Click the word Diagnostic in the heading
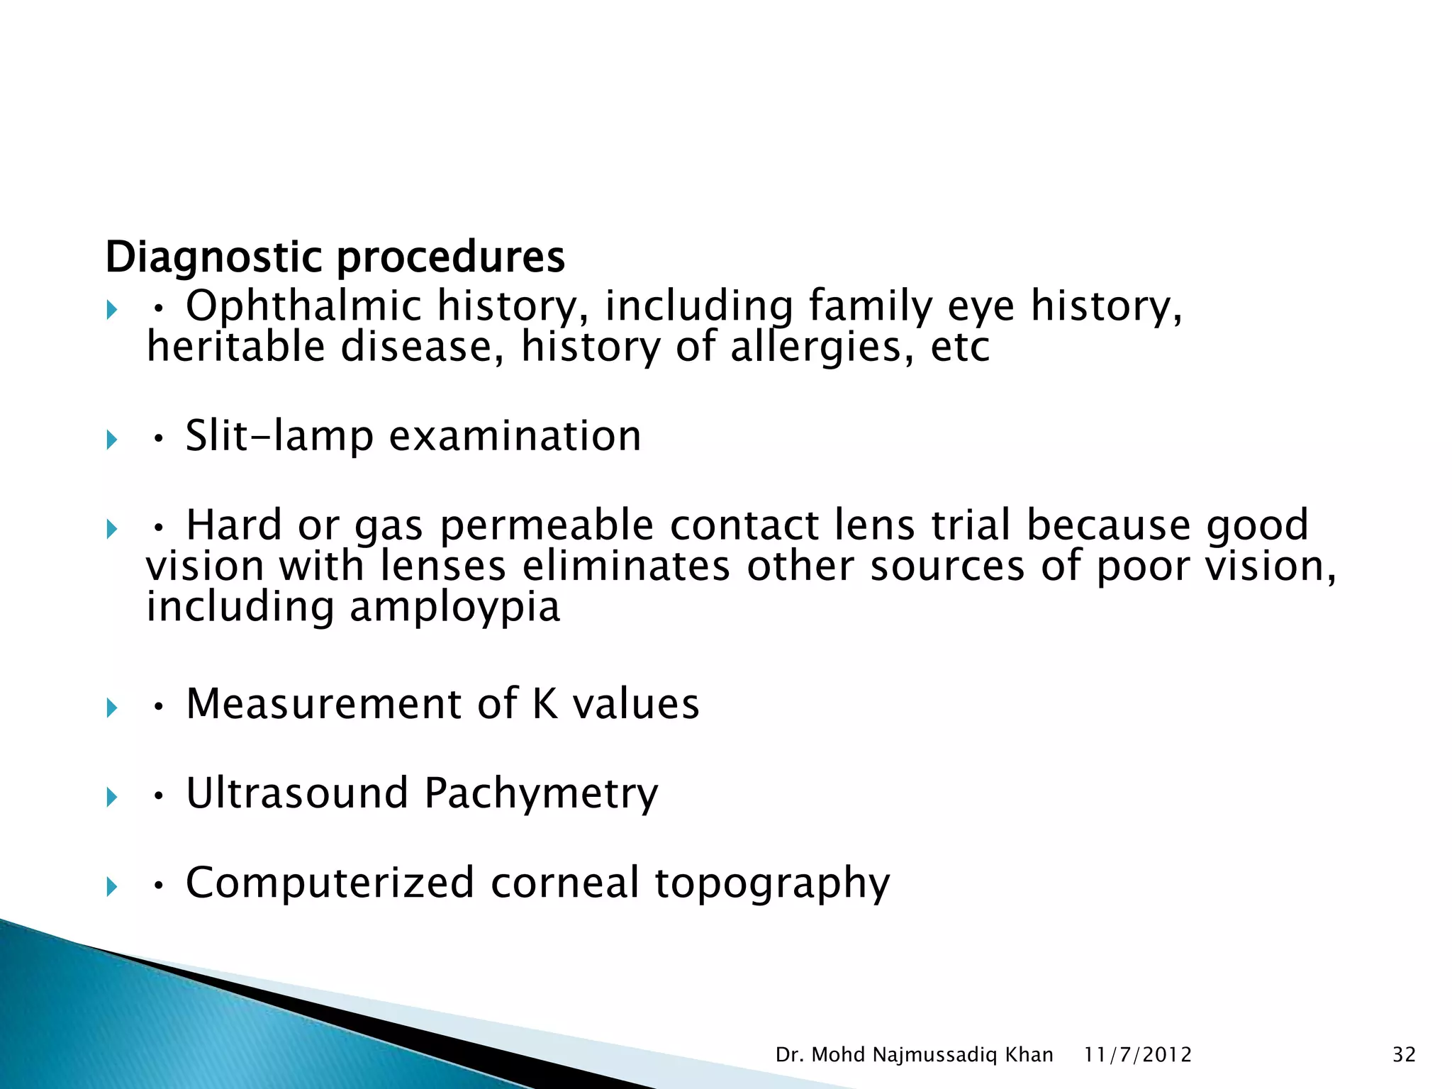(x=216, y=257)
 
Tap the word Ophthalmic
(x=303, y=306)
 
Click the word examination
(x=515, y=436)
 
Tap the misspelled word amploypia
(x=454, y=608)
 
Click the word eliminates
(x=626, y=566)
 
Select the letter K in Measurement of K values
(x=544, y=704)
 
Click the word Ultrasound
(x=297, y=793)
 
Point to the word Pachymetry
(x=541, y=795)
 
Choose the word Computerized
(x=330, y=883)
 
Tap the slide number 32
(x=1404, y=1055)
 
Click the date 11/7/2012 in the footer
(x=1138, y=1055)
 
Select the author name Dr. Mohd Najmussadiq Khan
(x=914, y=1055)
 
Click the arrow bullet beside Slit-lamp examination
(x=111, y=440)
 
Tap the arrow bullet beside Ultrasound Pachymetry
(x=111, y=798)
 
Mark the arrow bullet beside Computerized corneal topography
(x=111, y=887)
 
